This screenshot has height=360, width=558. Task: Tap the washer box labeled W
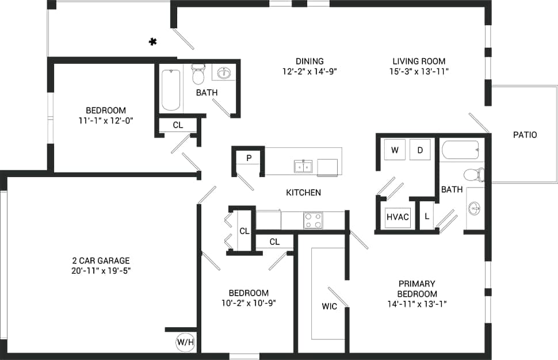[395, 150]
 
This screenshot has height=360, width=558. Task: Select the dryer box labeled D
[420, 150]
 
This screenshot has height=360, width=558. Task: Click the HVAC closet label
[398, 217]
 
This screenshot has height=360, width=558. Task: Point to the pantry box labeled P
[249, 158]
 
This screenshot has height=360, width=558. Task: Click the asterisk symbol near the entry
[153, 41]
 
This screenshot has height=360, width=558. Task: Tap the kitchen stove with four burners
[313, 220]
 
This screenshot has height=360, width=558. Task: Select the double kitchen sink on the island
[303, 167]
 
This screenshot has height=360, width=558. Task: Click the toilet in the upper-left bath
[198, 74]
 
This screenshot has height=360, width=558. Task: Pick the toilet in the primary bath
[473, 174]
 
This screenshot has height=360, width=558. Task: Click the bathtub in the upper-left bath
[171, 90]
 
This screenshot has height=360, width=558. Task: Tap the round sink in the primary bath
[475, 207]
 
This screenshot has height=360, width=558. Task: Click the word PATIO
[525, 135]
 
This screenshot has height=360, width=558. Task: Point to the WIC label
[329, 307]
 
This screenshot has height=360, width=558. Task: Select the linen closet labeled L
[426, 217]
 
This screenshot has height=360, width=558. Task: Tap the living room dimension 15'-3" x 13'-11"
[418, 71]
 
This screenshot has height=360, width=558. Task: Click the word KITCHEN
[303, 193]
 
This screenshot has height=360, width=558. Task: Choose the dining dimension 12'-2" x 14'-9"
[309, 71]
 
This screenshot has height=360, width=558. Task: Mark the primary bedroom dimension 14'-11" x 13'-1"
[416, 304]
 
